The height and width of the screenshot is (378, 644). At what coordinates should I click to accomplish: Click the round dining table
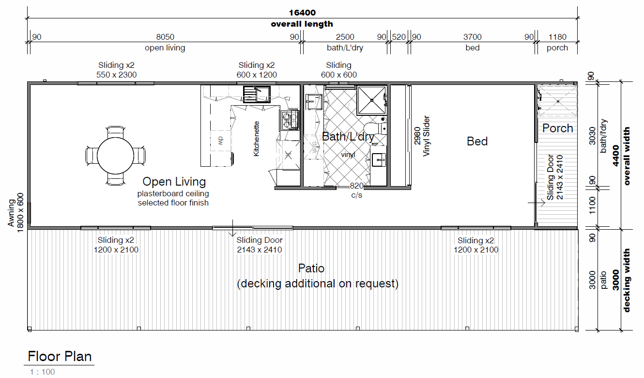(115, 156)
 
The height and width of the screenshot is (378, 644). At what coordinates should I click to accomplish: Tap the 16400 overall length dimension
(302, 13)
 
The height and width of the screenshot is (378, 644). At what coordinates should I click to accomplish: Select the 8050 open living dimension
(165, 37)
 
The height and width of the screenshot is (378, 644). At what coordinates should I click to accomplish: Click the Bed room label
(477, 141)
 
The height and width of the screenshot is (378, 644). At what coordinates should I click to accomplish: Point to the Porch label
(557, 128)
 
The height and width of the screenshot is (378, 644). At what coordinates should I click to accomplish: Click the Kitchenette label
(256, 139)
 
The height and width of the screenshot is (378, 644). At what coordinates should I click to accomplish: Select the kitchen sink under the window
(257, 94)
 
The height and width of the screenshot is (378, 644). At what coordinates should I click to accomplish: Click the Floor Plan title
(60, 356)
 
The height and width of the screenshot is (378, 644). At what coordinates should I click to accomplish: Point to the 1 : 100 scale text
(42, 372)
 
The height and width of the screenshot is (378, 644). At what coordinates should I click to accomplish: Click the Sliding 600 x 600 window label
(338, 70)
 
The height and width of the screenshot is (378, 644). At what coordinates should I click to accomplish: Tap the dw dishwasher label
(220, 141)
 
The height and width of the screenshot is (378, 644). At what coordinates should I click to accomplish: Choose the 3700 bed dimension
(473, 37)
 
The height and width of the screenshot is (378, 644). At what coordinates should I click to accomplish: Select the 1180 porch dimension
(557, 37)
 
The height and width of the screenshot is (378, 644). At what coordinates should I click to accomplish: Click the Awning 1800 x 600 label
(15, 213)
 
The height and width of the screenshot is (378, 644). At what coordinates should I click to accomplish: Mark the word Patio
(311, 268)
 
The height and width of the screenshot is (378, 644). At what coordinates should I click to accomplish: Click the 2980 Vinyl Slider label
(422, 136)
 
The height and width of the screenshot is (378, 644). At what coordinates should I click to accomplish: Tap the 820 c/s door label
(356, 190)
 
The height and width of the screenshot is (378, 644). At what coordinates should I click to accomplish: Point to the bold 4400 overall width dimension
(615, 156)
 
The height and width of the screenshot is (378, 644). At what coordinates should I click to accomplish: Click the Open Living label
(174, 182)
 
